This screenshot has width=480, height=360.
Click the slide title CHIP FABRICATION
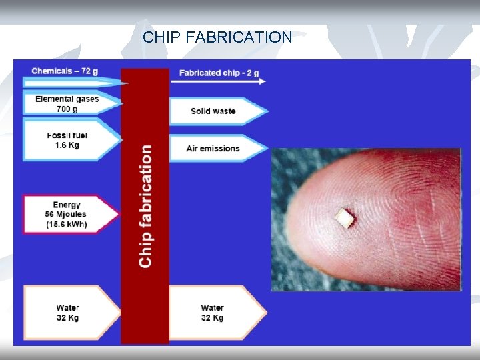(x=217, y=37)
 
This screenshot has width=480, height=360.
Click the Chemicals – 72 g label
(x=65, y=71)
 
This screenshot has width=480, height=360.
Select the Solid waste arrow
(x=214, y=111)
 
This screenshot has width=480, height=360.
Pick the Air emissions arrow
(x=214, y=148)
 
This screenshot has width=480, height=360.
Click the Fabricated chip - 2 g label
(x=219, y=73)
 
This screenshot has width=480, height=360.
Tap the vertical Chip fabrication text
(x=145, y=207)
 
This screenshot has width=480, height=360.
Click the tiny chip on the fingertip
(x=345, y=217)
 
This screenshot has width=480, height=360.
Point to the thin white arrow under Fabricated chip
(x=219, y=81)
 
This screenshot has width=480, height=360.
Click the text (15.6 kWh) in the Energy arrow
(x=67, y=225)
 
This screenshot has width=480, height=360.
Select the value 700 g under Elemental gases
(x=67, y=108)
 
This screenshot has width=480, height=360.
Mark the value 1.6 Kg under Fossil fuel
(x=67, y=145)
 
